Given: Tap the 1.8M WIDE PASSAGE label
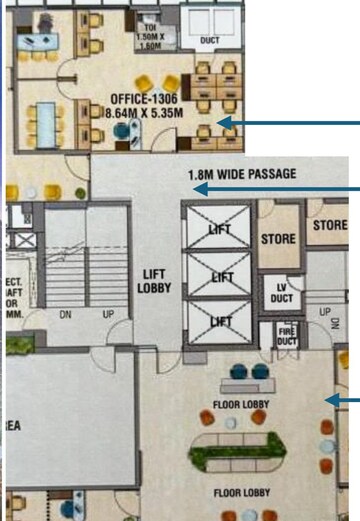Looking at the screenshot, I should click(x=241, y=174).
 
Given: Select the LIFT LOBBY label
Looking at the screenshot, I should click(x=154, y=281).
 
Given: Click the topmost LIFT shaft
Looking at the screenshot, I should click(x=219, y=229).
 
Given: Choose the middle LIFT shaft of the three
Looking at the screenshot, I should click(x=219, y=276).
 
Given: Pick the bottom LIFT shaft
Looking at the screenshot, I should click(x=219, y=320).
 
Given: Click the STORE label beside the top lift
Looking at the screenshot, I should click(x=278, y=239).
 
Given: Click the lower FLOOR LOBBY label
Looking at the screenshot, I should click(x=240, y=492).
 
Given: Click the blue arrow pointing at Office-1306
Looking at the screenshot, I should click(x=290, y=123).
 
